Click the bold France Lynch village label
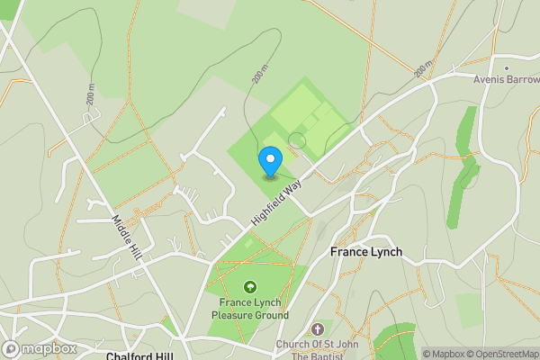point(366,252)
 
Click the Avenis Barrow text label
point(506,79)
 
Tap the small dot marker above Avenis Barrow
point(507,67)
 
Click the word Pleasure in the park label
point(231,316)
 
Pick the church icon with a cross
point(317,330)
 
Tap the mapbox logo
point(40,348)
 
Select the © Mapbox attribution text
point(442,354)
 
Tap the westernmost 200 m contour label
point(90,94)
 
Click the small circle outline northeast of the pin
point(296,140)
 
